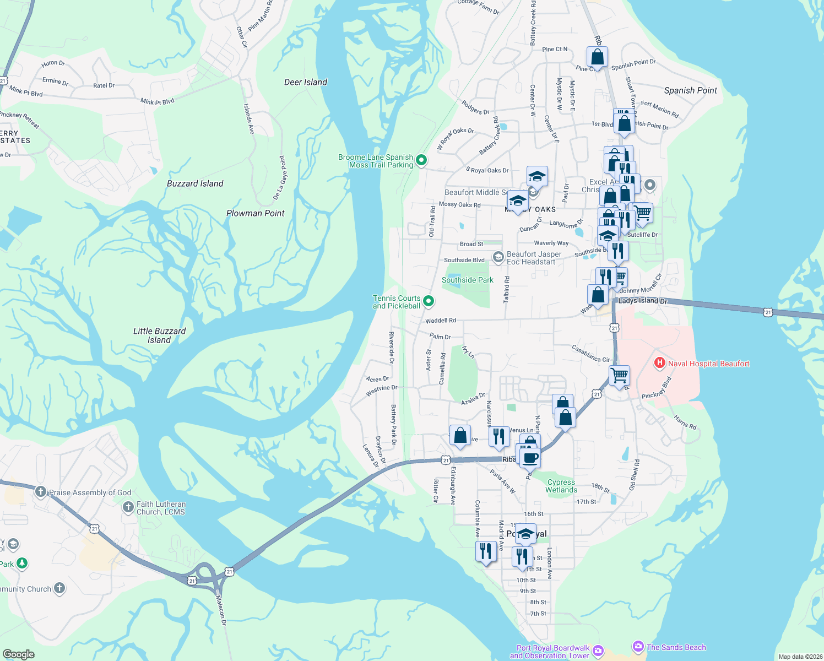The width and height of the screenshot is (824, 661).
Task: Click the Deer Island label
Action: pyautogui.click(x=306, y=82)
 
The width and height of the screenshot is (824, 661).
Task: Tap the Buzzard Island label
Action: pyautogui.click(x=195, y=183)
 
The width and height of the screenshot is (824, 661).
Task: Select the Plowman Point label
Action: pyautogui.click(x=256, y=213)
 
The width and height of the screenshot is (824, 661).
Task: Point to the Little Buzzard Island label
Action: pyautogui.click(x=159, y=335)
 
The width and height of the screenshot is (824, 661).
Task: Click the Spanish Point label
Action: pyautogui.click(x=691, y=90)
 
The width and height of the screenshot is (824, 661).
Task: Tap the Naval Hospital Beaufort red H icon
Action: pyautogui.click(x=659, y=363)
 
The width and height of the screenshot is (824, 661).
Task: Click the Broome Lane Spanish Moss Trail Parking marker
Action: pyautogui.click(x=421, y=160)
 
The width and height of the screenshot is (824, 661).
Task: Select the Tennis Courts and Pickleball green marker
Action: pyautogui.click(x=429, y=301)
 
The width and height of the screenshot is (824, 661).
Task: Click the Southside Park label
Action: pyautogui.click(x=468, y=280)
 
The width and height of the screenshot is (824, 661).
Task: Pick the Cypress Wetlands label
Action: pyautogui.click(x=561, y=486)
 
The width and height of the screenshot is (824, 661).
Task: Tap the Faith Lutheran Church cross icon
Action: pyautogui.click(x=128, y=507)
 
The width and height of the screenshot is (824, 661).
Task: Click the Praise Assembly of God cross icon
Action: pyautogui.click(x=40, y=492)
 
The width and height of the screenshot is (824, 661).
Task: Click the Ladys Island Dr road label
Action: pyautogui.click(x=643, y=301)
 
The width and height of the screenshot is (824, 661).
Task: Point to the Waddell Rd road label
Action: pyautogui.click(x=441, y=321)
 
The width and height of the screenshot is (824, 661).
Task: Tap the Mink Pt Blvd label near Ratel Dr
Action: pyautogui.click(x=157, y=101)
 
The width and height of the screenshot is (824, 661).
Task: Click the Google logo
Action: pyautogui.click(x=19, y=654)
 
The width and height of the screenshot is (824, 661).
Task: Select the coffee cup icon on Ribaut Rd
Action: pyautogui.click(x=530, y=458)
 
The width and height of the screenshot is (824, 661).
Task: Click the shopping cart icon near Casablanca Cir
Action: pyautogui.click(x=620, y=376)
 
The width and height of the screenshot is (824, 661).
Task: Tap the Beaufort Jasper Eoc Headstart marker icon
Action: pyautogui.click(x=498, y=257)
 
